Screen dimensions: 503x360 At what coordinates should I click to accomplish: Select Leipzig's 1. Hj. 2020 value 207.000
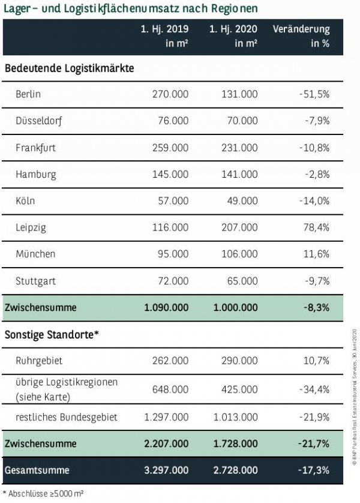tap(239, 227)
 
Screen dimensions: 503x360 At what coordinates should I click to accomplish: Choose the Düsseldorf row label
tap(39, 121)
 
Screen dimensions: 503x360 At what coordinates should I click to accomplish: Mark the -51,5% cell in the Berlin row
tap(313, 94)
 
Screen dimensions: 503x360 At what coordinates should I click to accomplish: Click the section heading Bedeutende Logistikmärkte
tap(69, 68)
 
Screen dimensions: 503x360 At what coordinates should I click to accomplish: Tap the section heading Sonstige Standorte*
tap(51, 334)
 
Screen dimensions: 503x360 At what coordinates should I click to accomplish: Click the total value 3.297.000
tap(166, 470)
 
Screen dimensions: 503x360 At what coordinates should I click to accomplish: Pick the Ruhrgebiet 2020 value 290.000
tap(239, 361)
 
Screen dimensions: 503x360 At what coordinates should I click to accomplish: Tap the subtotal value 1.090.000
tap(166, 307)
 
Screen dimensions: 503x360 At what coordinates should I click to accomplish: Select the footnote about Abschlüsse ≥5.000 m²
tap(43, 493)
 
